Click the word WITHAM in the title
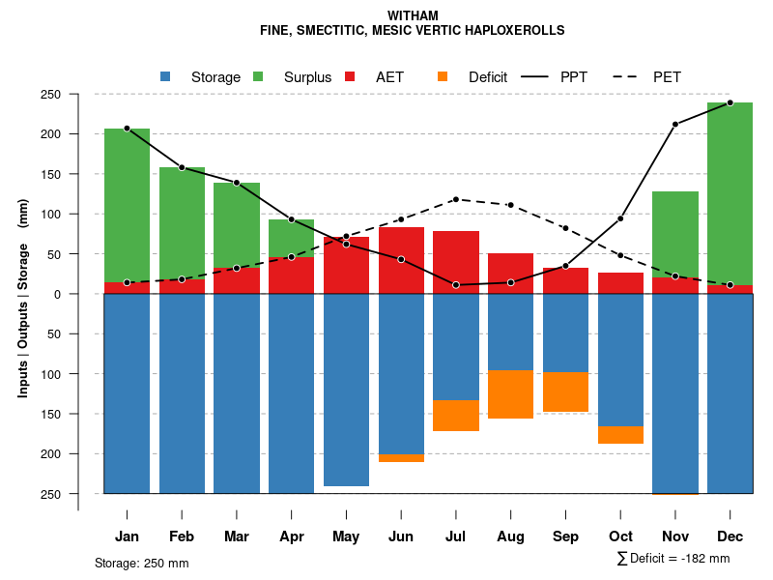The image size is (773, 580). tap(413, 15)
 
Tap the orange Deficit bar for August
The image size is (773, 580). tap(510, 394)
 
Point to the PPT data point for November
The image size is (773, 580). tap(675, 124)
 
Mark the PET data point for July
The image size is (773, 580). tap(456, 199)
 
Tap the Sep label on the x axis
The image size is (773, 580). tap(565, 536)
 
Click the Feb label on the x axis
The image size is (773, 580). tap(182, 536)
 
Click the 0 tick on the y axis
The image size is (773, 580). tap(84, 294)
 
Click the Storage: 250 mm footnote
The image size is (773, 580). tap(141, 563)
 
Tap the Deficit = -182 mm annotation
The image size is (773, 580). tap(673, 558)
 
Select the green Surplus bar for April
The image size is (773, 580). tap(291, 238)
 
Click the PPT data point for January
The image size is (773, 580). tap(127, 129)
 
